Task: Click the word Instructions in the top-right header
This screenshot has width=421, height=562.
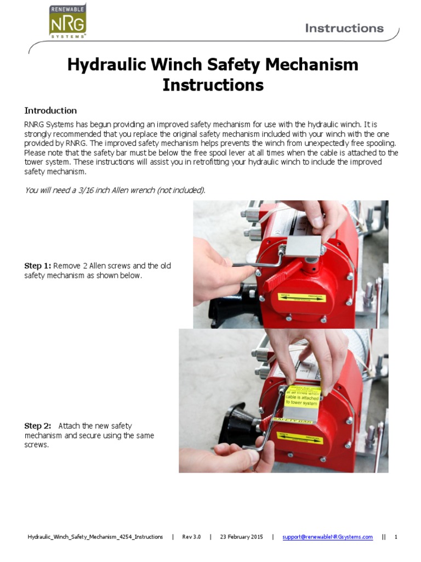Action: (344, 27)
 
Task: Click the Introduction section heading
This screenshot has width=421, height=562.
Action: (50, 110)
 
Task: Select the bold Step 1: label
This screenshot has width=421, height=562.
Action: (37, 266)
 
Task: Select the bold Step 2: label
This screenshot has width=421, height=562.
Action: (37, 426)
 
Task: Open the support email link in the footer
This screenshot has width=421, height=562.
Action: (327, 537)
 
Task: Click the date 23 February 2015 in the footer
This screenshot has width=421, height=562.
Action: (241, 537)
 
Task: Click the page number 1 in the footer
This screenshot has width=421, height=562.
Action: (395, 537)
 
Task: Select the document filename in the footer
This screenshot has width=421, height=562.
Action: (95, 537)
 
